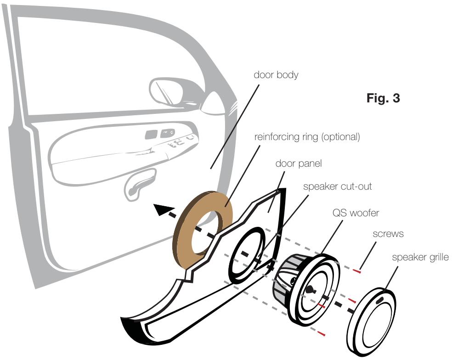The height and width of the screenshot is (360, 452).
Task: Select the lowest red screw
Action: tap(324, 334)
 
